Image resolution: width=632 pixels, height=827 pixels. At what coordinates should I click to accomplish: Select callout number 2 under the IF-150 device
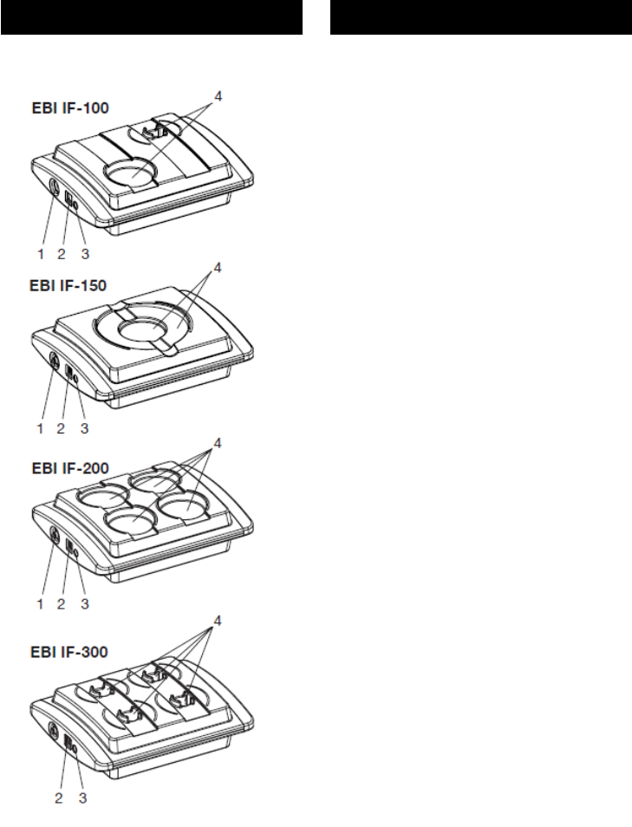point(61,427)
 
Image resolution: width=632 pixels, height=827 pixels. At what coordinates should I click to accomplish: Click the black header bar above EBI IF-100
point(151,16)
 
